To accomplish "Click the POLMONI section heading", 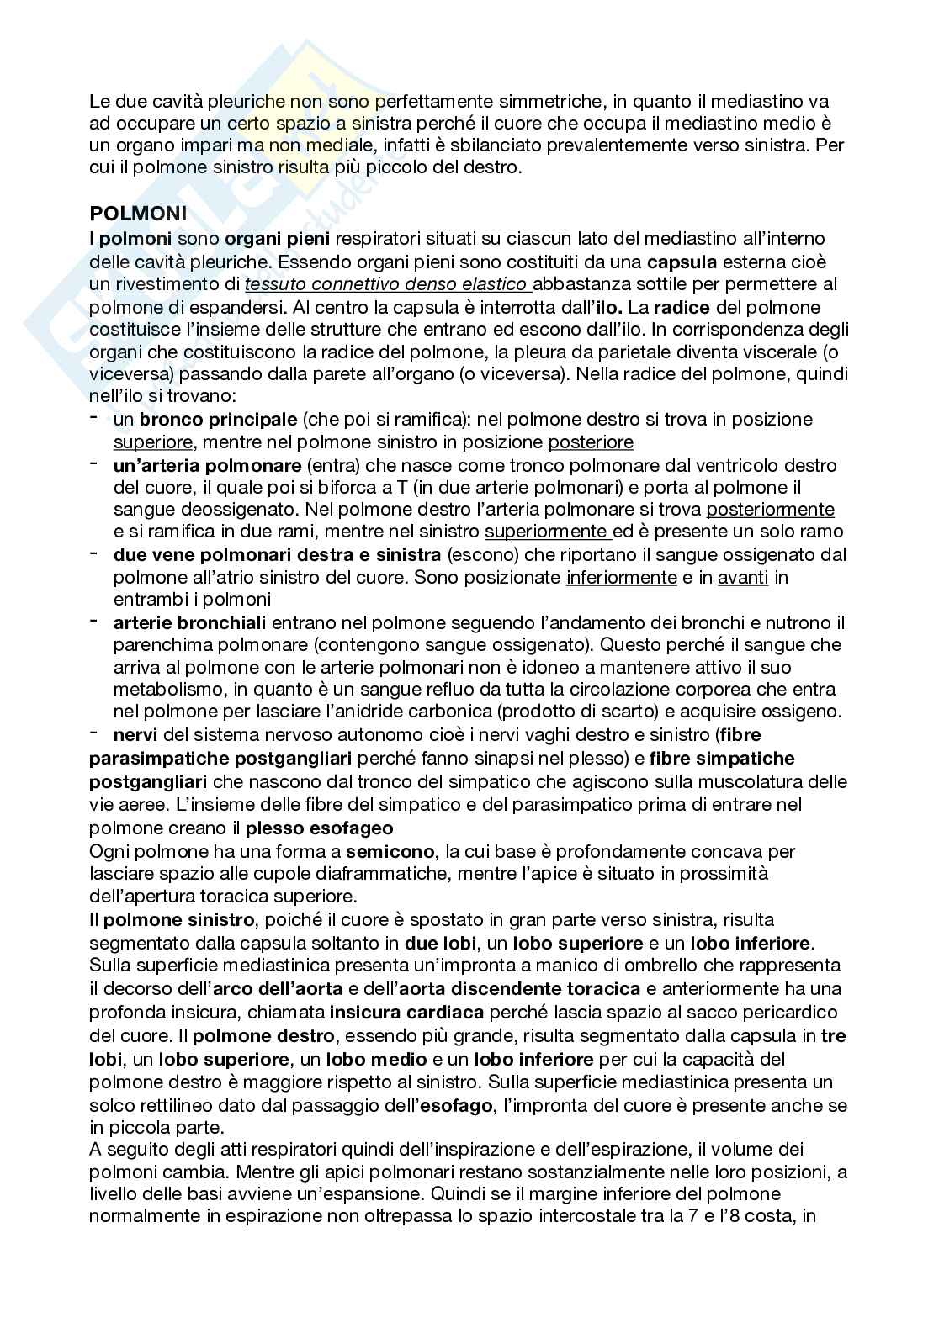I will coord(138,214).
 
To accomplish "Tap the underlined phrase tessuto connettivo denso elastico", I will coord(388,284).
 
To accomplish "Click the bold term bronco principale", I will coord(218,419).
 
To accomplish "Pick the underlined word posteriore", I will coord(591,442).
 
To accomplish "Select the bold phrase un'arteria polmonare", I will coord(207,465).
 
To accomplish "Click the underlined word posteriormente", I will coord(770,509).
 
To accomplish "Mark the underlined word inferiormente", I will coord(622,577).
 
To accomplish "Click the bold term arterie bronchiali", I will coord(189,622).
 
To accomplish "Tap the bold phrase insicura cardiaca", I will coord(406,1012).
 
